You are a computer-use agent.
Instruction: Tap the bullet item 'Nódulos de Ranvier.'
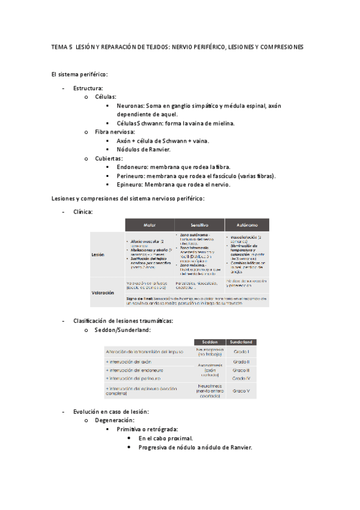pyautogui.click(x=144, y=149)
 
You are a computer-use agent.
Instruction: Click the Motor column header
pyautogui.click(x=150, y=224)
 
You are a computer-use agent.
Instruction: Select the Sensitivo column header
pyautogui.click(x=199, y=224)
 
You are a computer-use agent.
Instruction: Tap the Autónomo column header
pyautogui.click(x=246, y=224)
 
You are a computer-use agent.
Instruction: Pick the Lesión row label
pyautogui.click(x=98, y=254)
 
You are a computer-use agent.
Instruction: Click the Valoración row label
pyautogui.click(x=103, y=293)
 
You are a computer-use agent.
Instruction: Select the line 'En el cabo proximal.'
pyautogui.click(x=165, y=438)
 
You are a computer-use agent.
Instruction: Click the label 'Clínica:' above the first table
pyautogui.click(x=82, y=211)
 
